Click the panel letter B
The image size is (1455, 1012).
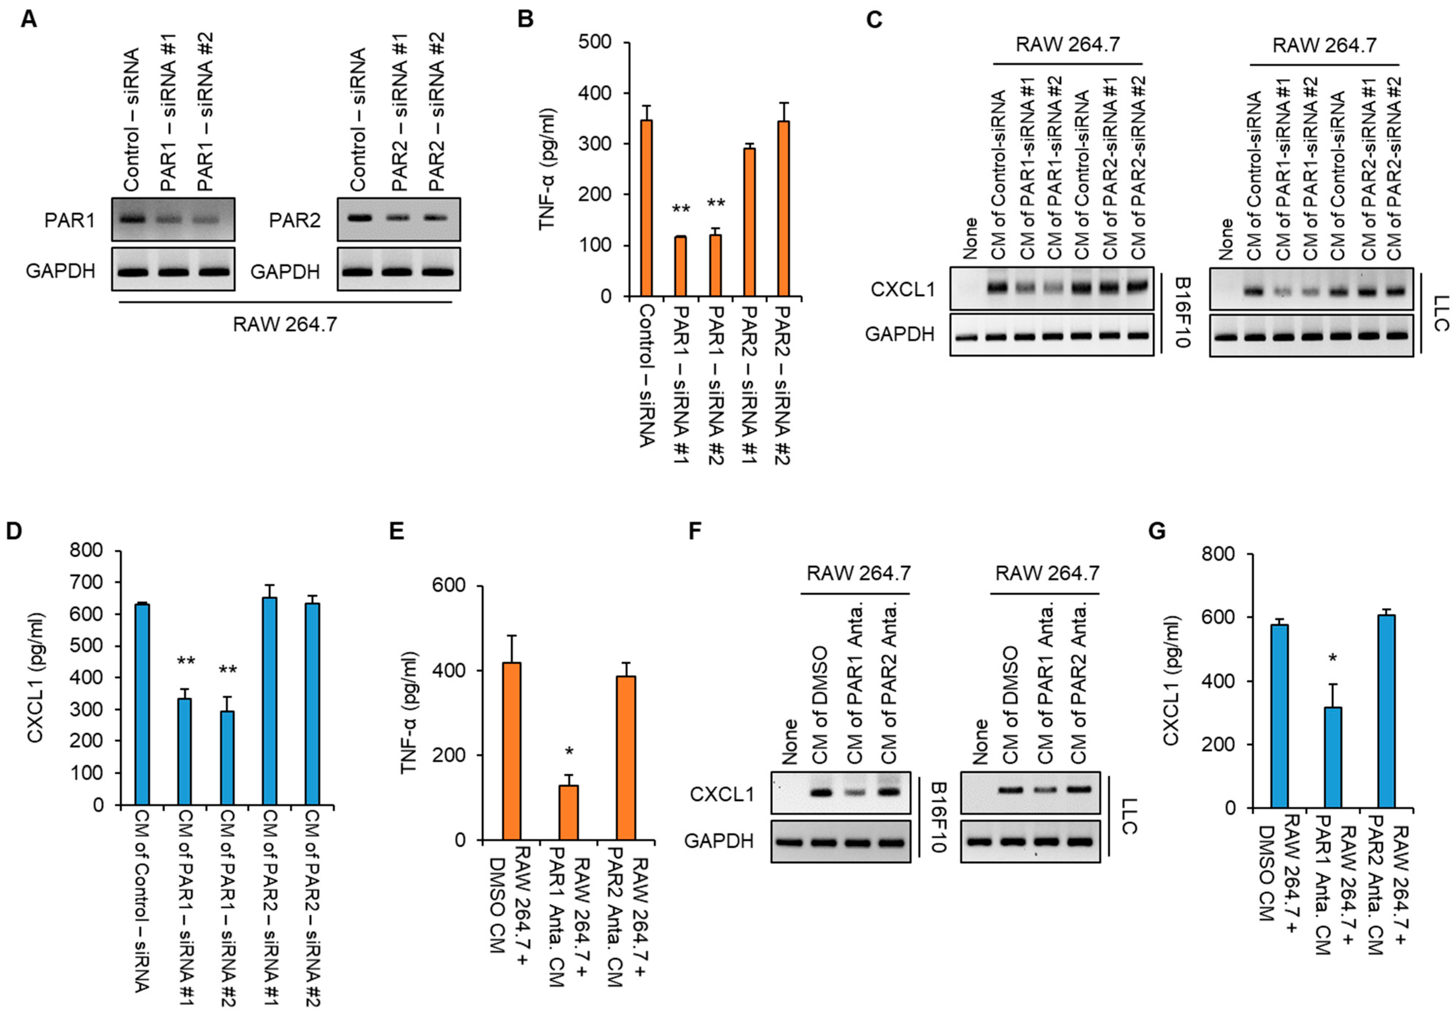pyautogui.click(x=525, y=19)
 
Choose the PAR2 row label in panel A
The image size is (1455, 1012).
pyautogui.click(x=295, y=221)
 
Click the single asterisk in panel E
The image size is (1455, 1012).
pyautogui.click(x=569, y=752)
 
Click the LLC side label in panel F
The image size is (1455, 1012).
pyautogui.click(x=1129, y=816)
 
